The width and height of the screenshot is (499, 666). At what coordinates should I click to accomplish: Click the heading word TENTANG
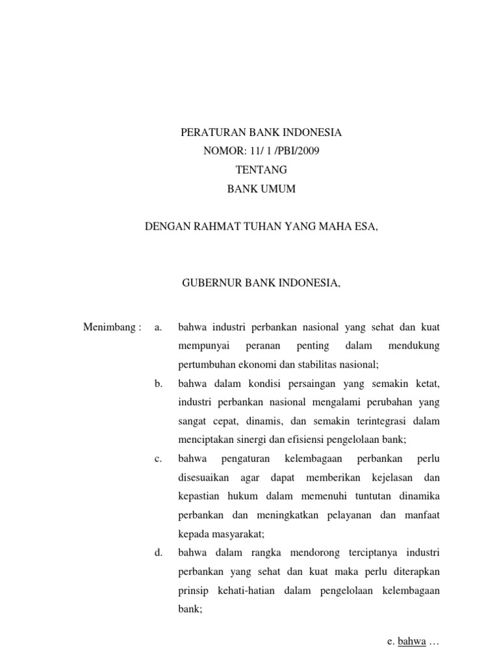pos(260,170)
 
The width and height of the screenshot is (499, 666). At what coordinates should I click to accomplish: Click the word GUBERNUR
pos(209,284)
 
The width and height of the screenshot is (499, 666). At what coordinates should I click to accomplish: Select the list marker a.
pos(158,326)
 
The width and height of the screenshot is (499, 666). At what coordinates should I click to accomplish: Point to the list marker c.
pos(158,459)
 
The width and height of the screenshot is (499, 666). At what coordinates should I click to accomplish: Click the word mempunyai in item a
pos(200,345)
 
